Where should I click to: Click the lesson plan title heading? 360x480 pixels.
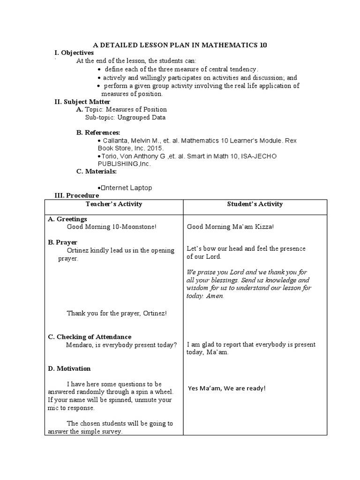180,45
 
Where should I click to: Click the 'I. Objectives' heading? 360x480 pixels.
75,53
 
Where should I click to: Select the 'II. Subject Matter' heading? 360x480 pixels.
82,102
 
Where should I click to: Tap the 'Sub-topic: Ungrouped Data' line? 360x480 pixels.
125,118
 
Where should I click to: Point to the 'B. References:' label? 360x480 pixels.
98,133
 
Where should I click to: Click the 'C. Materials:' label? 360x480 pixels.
97,171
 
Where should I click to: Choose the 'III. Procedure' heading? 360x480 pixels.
77,195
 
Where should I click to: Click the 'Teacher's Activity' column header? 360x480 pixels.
114,204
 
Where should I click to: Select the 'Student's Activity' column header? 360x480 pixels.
255,204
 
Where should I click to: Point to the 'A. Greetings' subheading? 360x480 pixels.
67,219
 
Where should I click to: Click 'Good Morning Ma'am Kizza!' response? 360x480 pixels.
230,227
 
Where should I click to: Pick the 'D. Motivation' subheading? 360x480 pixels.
69,368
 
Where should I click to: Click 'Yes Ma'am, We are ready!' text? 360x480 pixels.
227,388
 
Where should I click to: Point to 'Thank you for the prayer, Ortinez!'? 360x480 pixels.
117,313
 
